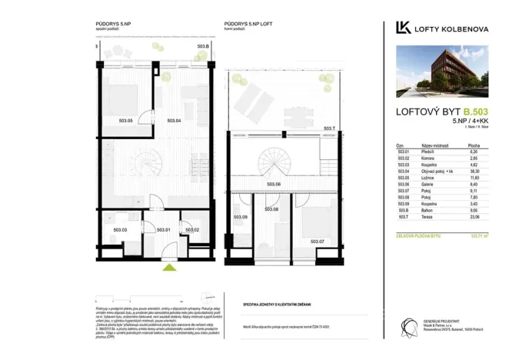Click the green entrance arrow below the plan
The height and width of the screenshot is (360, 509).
(x=169, y=268)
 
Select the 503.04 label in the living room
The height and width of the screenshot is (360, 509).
(x=173, y=121)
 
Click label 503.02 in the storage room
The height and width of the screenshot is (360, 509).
(x=191, y=229)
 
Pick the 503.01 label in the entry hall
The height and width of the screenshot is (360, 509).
(x=163, y=229)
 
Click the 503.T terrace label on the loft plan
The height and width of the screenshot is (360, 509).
(x=329, y=128)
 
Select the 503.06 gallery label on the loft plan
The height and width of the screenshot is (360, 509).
(x=274, y=185)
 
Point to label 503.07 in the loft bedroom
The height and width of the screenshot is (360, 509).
(x=319, y=241)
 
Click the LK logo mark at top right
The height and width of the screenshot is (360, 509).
(x=402, y=28)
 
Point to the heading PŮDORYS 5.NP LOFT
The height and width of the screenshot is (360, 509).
(x=248, y=24)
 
